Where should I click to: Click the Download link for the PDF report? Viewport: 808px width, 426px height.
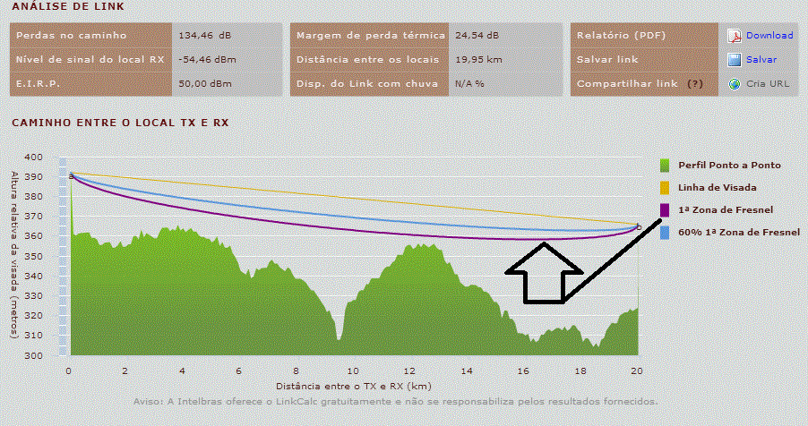[769, 36]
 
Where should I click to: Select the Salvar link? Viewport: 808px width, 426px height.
[761, 60]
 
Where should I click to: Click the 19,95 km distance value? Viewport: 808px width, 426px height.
[477, 60]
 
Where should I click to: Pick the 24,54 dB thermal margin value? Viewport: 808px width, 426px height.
[477, 36]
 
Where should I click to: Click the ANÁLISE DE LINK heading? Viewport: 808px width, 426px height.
[56, 7]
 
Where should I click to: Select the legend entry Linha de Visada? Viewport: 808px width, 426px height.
[717, 187]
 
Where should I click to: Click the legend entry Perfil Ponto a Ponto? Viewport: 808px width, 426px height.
[728, 166]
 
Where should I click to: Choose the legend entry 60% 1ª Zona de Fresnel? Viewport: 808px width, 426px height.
[738, 232]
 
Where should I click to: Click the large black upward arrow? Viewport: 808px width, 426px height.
[544, 271]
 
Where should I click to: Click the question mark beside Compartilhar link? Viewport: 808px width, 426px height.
[695, 84]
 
